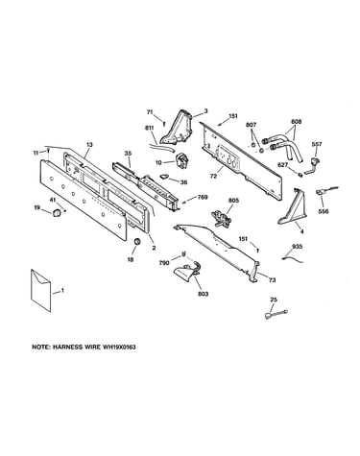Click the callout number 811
coord(149,128)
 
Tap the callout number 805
coord(234,201)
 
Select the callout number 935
coord(298,247)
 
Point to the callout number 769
coord(203,197)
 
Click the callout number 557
coord(317,144)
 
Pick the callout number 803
coord(204,294)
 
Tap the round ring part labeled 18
coord(137,242)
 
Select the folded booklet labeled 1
coord(40,290)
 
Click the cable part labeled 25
coord(276,314)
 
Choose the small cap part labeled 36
coord(164,176)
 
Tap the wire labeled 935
coord(293,258)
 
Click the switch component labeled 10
coord(181,160)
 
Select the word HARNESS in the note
coord(65,347)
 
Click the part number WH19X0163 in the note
coord(119,347)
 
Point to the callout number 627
coord(283,165)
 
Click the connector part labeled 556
coord(325,191)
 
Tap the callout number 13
coord(89,145)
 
